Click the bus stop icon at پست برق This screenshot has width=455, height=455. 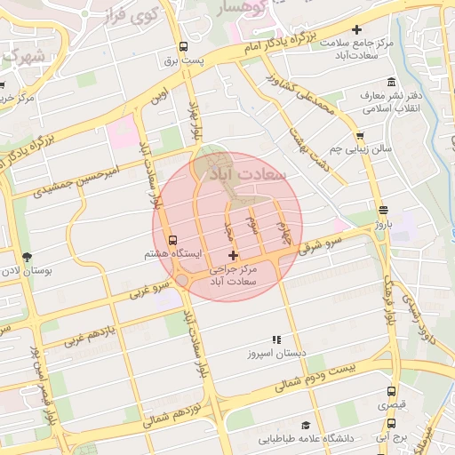(x=183, y=47)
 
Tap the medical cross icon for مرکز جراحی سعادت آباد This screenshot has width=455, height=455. (x=234, y=256)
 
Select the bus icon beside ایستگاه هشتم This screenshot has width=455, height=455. (x=172, y=240)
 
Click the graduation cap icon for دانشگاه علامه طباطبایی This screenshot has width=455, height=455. (x=306, y=426)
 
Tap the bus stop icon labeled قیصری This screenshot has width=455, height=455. (x=391, y=391)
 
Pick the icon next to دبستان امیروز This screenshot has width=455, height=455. (x=276, y=339)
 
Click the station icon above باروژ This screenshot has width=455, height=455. (x=382, y=211)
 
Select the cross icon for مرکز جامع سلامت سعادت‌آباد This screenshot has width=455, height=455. (x=356, y=31)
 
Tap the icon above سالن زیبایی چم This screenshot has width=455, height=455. (x=359, y=136)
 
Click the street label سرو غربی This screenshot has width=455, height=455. (x=149, y=288)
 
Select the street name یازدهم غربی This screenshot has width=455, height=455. (x=86, y=339)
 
